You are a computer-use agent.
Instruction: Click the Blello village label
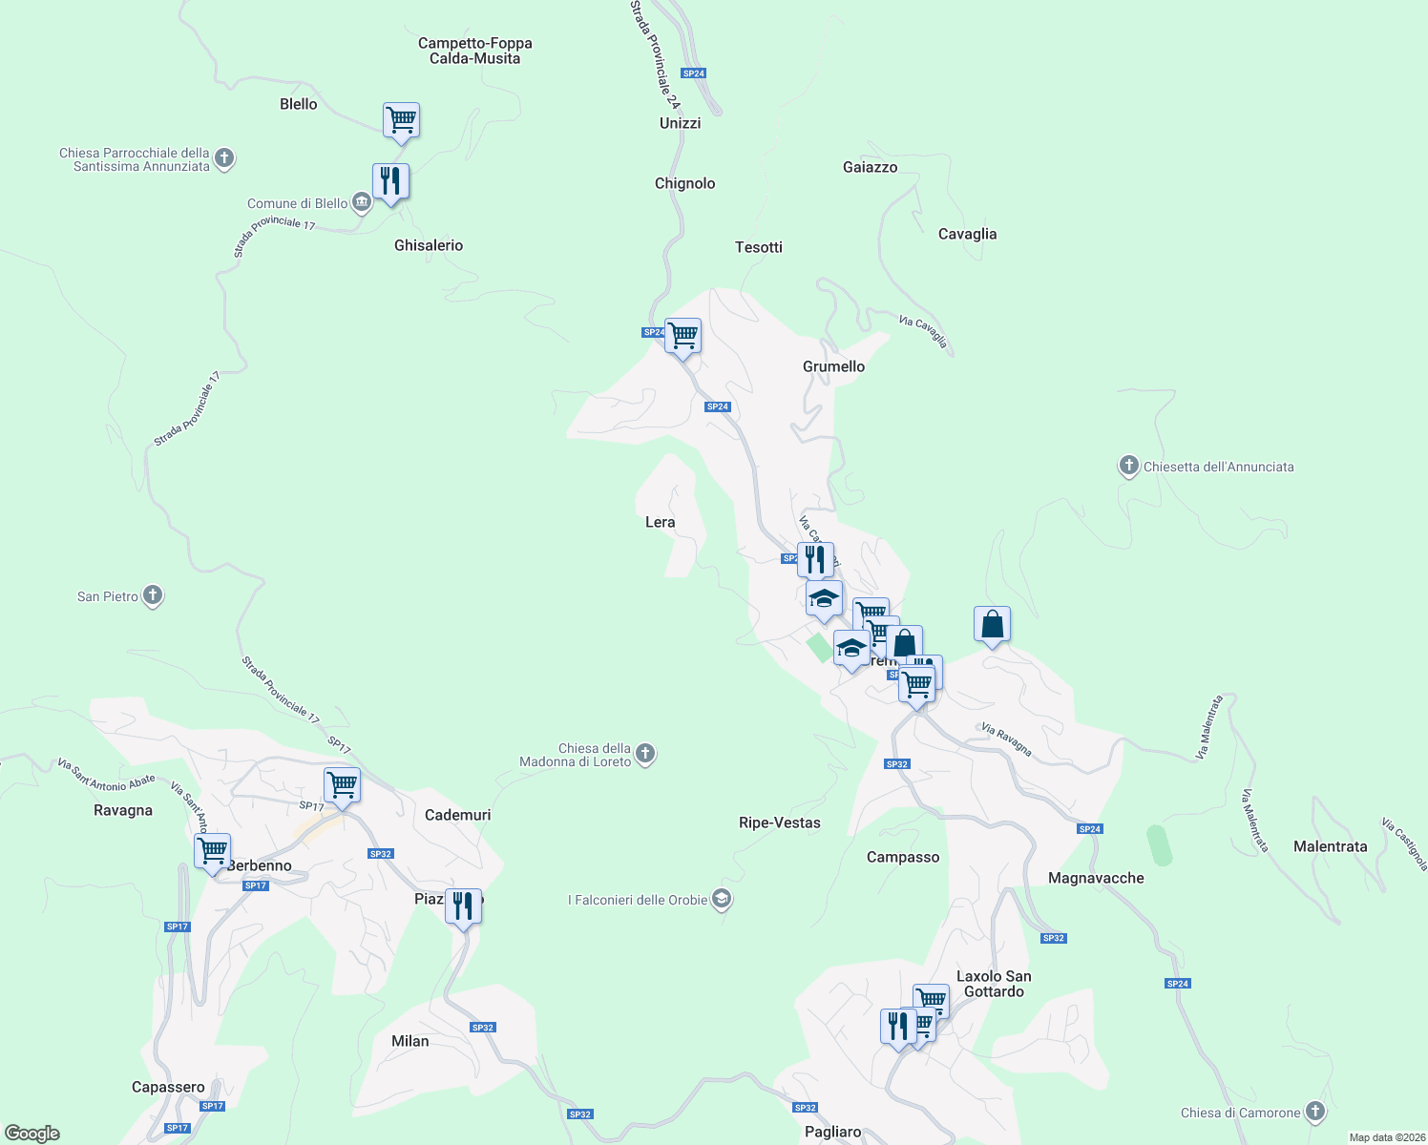(298, 104)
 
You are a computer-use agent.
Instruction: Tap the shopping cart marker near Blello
(401, 121)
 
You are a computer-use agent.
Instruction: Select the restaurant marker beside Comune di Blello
(390, 181)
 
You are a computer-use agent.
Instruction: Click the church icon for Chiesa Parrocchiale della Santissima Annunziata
(224, 157)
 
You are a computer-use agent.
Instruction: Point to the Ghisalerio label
(429, 245)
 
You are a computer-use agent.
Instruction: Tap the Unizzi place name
(680, 123)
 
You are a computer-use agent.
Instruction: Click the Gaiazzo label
(870, 167)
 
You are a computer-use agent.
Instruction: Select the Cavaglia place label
(967, 234)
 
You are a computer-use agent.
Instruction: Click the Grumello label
(833, 366)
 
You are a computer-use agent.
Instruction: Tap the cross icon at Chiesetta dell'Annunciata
(1129, 467)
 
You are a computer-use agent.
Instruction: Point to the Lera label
(660, 522)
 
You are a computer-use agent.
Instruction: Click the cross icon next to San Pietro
(153, 596)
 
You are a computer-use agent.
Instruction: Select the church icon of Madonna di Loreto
(645, 755)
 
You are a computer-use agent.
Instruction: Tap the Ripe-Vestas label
(779, 822)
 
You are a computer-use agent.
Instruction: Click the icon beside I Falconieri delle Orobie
(722, 900)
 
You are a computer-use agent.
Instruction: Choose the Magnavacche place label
(1095, 878)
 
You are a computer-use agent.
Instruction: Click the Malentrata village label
(1330, 846)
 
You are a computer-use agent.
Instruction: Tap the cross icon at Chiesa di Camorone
(1315, 1112)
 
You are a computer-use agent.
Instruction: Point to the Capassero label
(168, 1087)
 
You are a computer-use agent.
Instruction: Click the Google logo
(32, 1134)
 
